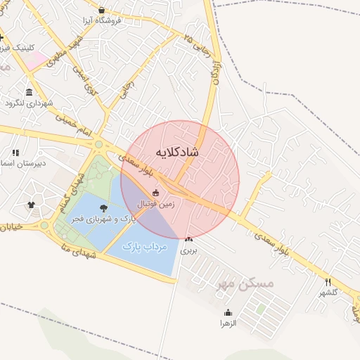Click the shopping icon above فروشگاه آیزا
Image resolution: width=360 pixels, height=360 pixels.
pyautogui.click(x=103, y=11)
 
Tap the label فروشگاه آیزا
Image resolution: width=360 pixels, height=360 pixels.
pyautogui.click(x=103, y=20)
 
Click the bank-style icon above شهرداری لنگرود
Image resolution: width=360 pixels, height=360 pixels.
pyautogui.click(x=29, y=93)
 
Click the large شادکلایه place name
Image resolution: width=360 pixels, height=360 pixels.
pyautogui.click(x=174, y=152)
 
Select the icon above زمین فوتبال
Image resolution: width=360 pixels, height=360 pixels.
pyautogui.click(x=155, y=193)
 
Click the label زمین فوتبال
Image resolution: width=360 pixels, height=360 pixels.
pyautogui.click(x=155, y=203)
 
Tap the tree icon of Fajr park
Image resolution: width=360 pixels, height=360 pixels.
pyautogui.click(x=104, y=208)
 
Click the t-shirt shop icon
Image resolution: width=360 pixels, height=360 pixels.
pyautogui.click(x=31, y=205)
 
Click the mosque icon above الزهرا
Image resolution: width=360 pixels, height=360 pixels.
pyautogui.click(x=228, y=313)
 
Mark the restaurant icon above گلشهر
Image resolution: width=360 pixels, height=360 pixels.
pyautogui.click(x=328, y=282)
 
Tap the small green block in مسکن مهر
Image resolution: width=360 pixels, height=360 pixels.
pyautogui.click(x=261, y=309)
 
